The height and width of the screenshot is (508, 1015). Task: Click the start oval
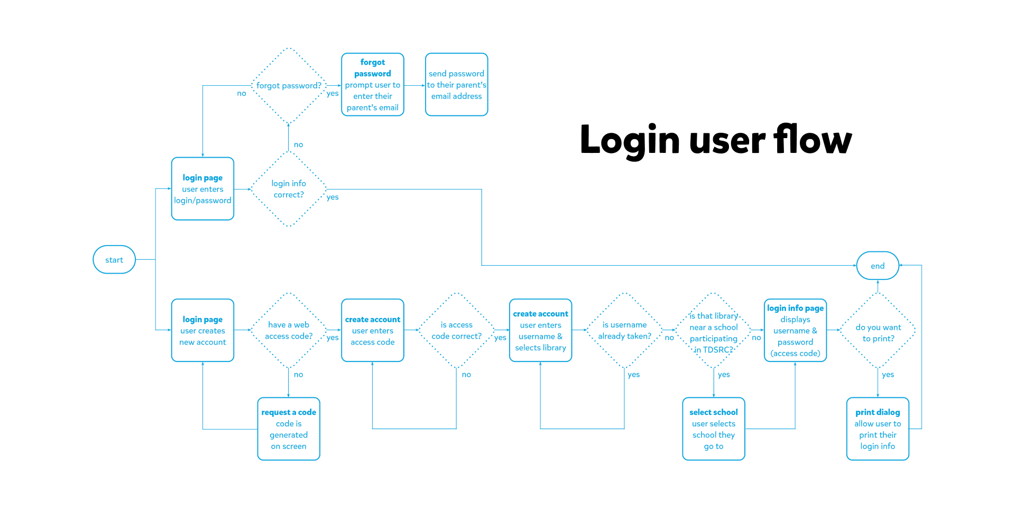click(x=114, y=259)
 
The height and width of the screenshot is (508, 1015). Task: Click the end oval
click(x=878, y=266)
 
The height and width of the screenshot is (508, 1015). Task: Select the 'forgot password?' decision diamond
click(x=289, y=86)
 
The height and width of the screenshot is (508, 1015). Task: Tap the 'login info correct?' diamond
click(x=289, y=189)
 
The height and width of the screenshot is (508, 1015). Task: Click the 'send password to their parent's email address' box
click(x=456, y=85)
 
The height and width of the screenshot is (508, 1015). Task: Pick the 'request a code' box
click(x=289, y=429)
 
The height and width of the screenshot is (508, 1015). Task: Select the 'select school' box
click(x=714, y=429)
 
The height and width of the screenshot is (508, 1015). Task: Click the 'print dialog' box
click(x=878, y=429)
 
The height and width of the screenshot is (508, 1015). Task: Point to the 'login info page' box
click(x=795, y=330)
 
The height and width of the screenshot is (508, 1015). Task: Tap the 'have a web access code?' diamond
click(x=289, y=330)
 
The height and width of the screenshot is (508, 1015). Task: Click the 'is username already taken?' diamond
click(x=624, y=330)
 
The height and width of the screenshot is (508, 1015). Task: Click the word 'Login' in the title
click(x=630, y=140)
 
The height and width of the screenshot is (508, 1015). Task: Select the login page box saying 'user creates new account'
click(x=202, y=330)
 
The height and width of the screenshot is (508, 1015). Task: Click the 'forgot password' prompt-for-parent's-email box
click(x=373, y=85)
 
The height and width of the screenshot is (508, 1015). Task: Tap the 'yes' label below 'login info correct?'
click(x=333, y=197)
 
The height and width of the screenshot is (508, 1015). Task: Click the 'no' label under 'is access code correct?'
click(x=466, y=375)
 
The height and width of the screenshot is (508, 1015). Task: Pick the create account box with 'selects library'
click(x=540, y=330)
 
